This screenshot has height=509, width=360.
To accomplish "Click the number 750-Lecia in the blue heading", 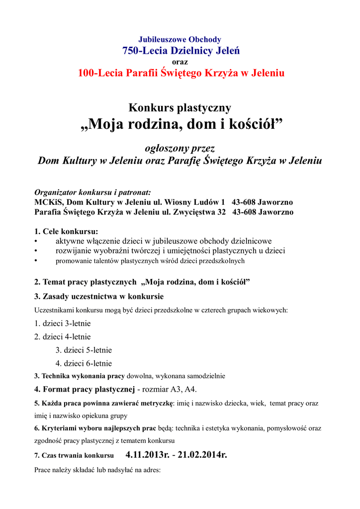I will tap(144, 51).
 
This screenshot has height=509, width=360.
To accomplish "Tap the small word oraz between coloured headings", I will tap(180, 62).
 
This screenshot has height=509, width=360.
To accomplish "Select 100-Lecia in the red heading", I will tap(101, 73).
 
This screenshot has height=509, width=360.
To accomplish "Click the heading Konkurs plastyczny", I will tap(180, 107).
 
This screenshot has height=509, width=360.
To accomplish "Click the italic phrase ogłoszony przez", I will tap(180, 148).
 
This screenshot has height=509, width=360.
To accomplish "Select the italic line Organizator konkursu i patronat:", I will tap(92, 192).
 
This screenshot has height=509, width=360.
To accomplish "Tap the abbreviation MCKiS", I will tap(48, 202).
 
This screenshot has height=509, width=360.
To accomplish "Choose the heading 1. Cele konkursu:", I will tap(66, 231).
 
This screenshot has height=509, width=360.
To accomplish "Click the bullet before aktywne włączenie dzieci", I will tap(36, 241).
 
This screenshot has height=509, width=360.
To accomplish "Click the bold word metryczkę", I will tap(155, 403).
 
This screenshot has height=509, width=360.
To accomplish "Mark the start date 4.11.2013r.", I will tap(147, 455).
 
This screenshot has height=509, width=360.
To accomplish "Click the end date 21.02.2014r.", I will tap(202, 455).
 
